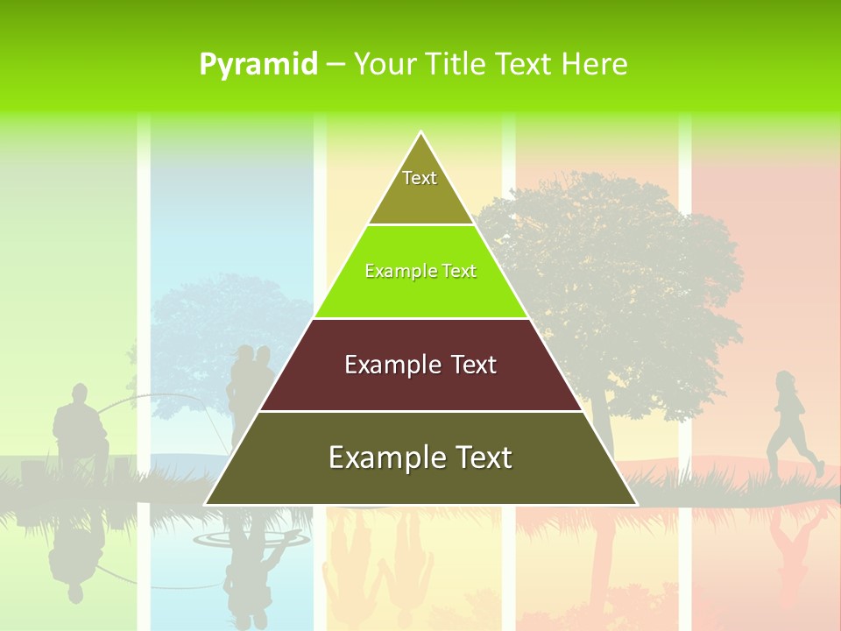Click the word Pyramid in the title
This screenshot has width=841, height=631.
pyautogui.click(x=258, y=65)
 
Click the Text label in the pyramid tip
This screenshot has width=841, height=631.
pyautogui.click(x=420, y=178)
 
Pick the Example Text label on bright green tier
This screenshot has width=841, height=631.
pyautogui.click(x=420, y=271)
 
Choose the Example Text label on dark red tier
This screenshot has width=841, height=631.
pyautogui.click(x=420, y=365)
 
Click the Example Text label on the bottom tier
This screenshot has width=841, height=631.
pyautogui.click(x=420, y=457)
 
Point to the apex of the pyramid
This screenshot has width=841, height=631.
pyautogui.click(x=421, y=133)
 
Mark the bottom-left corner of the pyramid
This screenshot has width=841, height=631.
pyautogui.click(x=206, y=504)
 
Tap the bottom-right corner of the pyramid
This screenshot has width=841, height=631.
pyautogui.click(x=636, y=504)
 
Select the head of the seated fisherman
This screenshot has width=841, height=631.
pyautogui.click(x=80, y=393)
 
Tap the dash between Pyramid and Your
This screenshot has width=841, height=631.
pyautogui.click(x=336, y=65)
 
